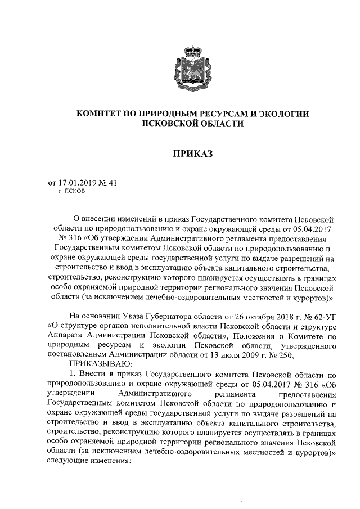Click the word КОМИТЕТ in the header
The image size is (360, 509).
pos(100,114)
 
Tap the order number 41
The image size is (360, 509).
pos(111,183)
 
